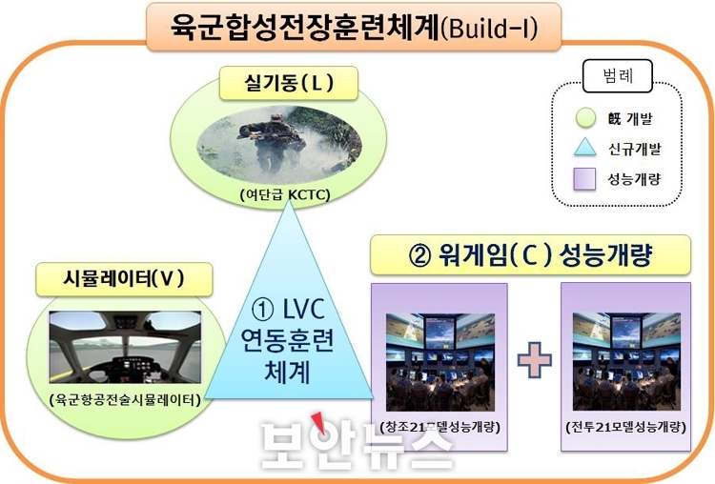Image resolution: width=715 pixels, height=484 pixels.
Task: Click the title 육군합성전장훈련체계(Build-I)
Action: point(354,28)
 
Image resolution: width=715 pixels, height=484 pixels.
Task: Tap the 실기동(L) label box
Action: point(289,84)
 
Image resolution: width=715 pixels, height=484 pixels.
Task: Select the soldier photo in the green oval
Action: point(278,143)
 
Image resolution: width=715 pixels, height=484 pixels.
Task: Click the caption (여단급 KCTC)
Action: point(285,195)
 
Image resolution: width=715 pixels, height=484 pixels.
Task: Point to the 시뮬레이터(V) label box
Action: point(124,279)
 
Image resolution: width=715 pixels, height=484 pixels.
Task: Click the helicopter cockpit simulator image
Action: point(125,347)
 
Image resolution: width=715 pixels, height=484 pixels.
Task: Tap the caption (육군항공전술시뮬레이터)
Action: point(125,400)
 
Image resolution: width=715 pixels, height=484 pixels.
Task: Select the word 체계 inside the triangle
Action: point(288,372)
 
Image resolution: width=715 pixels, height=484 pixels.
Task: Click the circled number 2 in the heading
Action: point(420,256)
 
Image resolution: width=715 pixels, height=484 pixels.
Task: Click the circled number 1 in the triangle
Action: point(263,310)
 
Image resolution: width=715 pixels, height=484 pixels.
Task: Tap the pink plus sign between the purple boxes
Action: point(535,360)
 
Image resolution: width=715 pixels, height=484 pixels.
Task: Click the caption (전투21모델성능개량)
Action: point(625,428)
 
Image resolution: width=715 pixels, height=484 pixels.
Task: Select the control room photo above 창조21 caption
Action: point(440,362)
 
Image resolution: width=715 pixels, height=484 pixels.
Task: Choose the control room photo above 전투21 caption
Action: point(626,361)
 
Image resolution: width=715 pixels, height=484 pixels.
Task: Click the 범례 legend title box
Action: point(618,76)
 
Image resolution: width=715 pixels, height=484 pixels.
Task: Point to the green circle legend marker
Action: point(585,117)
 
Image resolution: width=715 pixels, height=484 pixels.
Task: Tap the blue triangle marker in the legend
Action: point(585,148)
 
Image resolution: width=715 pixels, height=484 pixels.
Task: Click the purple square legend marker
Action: point(584,179)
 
